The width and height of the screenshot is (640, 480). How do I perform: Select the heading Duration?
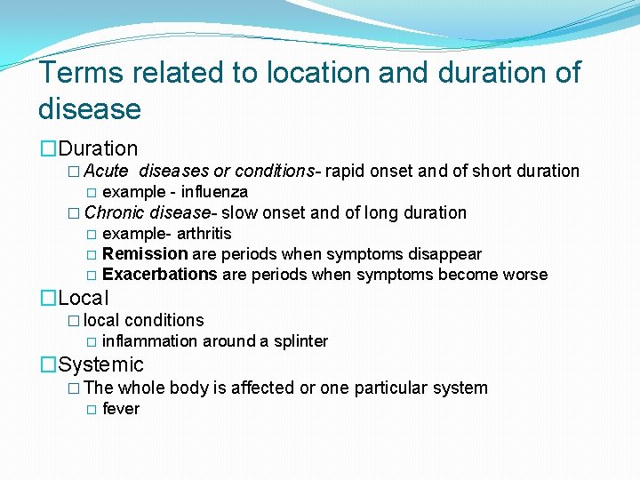click(98, 149)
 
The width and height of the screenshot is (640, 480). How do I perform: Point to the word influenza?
click(214, 192)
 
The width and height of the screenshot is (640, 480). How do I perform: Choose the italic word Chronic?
click(115, 212)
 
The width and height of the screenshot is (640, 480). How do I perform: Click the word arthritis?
click(204, 234)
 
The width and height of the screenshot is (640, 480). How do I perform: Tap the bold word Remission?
click(145, 254)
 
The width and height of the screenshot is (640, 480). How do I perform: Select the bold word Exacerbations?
click(160, 275)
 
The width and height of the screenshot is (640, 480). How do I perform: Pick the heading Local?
click(84, 299)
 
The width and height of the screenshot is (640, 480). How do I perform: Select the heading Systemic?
click(100, 365)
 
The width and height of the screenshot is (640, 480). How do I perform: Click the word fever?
click(121, 409)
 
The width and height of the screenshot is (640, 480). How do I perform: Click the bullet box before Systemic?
click(48, 365)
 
